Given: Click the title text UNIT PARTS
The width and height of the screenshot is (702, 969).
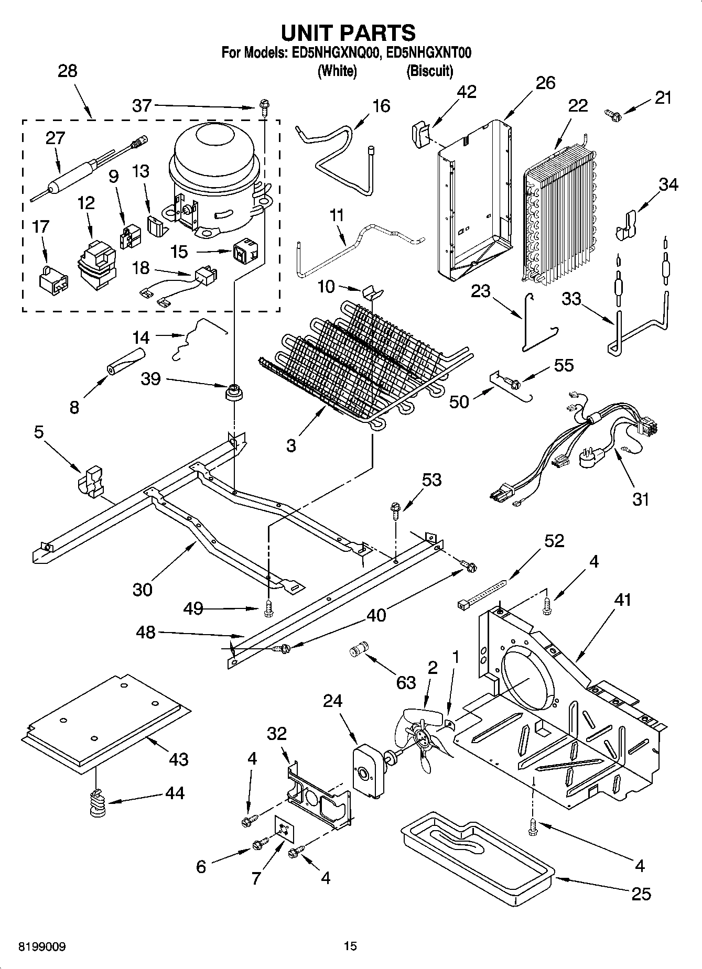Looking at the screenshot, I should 349,32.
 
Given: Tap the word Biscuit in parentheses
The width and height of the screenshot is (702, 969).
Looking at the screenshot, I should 429,71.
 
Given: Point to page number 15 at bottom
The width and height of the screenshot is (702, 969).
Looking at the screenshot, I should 350,946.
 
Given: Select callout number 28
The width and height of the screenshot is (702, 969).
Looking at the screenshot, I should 68,71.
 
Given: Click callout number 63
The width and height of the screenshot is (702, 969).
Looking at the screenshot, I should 406,682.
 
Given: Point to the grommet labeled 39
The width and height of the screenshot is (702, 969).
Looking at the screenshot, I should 233,392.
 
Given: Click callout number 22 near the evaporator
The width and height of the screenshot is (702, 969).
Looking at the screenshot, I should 578,105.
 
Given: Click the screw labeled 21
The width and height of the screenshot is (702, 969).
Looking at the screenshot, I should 612,112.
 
